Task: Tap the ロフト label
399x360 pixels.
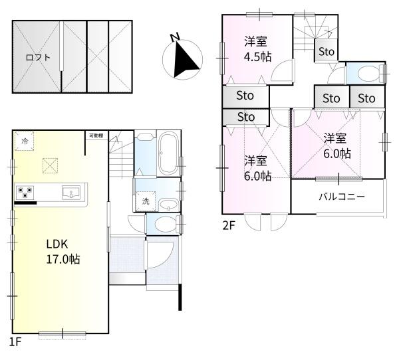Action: [37, 57]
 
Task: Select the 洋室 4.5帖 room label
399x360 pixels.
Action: [257, 48]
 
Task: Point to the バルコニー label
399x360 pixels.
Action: [341, 197]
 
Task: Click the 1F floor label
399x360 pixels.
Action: [15, 342]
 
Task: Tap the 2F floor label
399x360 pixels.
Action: [229, 225]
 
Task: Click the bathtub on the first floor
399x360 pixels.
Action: [166, 155]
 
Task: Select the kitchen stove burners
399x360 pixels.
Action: [26, 193]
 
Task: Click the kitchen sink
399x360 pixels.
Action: [71, 193]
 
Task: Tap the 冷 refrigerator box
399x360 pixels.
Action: [25, 141]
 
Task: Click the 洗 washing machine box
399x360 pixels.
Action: [144, 201]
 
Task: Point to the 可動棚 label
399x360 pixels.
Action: [96, 136]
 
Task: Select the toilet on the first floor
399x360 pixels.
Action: [166, 224]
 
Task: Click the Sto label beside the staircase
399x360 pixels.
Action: [326, 51]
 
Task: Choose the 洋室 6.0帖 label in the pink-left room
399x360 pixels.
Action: [257, 168]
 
